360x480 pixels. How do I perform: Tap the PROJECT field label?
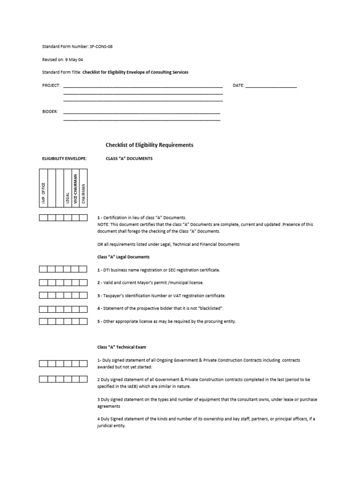tap(51, 85)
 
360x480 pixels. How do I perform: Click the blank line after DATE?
tap(271, 86)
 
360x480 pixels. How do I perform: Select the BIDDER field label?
tap(50, 112)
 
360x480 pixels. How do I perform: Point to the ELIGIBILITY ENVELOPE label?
tap(65, 158)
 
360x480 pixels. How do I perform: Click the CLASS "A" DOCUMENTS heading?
tap(129, 158)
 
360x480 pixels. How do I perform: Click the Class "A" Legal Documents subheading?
tap(123, 257)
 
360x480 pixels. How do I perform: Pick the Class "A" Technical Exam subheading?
tap(121, 347)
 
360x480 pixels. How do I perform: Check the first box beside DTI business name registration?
tap(43, 269)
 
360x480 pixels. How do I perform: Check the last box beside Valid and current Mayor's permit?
tap(83, 283)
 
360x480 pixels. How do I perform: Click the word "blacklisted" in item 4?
tap(210, 308)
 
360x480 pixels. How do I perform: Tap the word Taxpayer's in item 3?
tap(115, 296)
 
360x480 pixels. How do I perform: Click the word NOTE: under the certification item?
tap(103, 225)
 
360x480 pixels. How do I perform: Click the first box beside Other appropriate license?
tap(43, 322)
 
